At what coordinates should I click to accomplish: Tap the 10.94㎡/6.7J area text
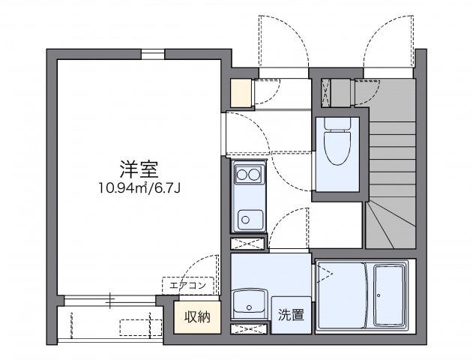coord(139,187)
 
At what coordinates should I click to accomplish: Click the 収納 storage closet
coord(197,316)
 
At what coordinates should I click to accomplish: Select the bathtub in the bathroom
coord(391,295)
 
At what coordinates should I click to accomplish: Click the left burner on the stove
coord(242,176)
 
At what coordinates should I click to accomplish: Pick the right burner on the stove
coord(255,176)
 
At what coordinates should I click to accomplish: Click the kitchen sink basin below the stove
coord(247,218)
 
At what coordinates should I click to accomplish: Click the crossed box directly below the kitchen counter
coord(247,243)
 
